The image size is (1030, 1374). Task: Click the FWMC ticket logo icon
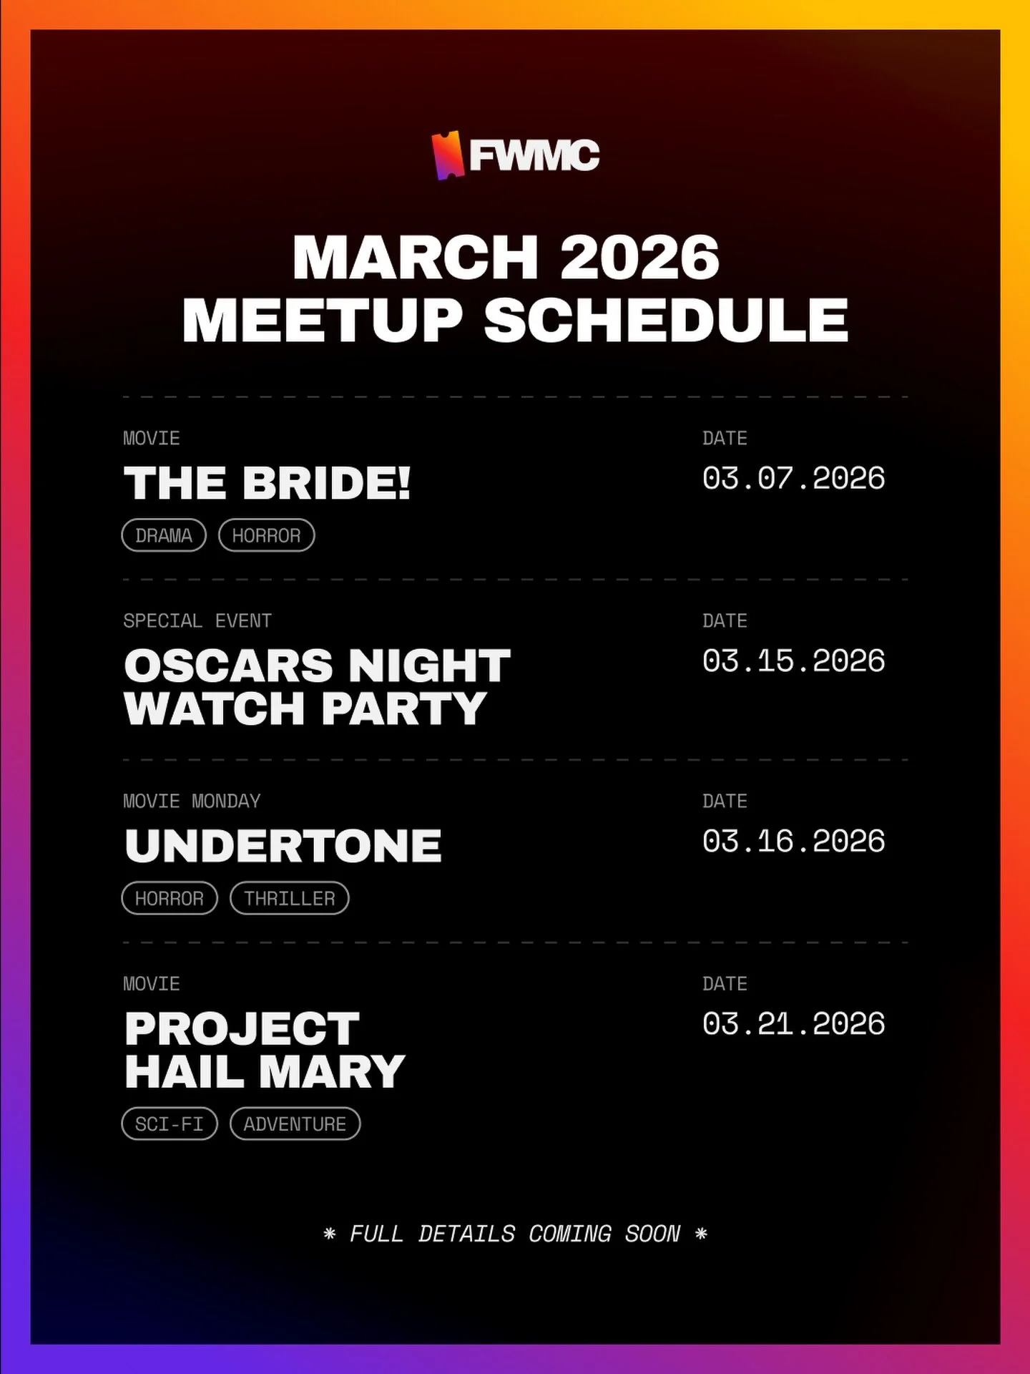446,155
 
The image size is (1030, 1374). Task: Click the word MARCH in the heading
415,258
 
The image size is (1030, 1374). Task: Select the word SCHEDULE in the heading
666,320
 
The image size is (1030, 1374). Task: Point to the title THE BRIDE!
267,483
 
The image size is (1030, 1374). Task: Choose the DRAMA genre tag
164,535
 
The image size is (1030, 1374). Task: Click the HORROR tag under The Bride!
266,535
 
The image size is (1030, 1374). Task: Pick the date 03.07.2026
793,478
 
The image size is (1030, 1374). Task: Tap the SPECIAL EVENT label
197,620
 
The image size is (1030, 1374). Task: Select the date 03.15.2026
793,661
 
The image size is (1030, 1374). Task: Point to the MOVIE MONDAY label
192,801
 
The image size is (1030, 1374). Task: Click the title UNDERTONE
283,846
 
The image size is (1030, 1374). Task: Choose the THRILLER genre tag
289,898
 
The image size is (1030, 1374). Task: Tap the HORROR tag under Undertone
170,898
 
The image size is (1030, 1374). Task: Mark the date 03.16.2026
793,841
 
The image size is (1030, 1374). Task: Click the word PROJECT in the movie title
242,1029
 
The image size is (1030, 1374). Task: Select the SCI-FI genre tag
170,1124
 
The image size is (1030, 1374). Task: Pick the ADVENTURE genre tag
295,1124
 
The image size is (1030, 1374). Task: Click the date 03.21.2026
793,1023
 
